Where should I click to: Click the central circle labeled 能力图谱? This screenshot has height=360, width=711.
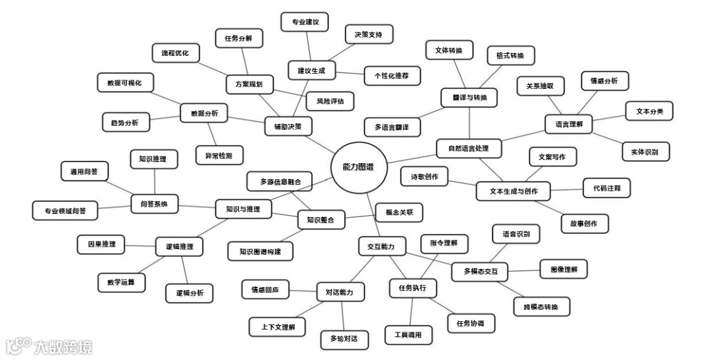pos(357,168)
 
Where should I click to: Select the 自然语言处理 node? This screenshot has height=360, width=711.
pos(469,148)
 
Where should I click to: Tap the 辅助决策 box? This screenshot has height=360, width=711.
pos(288,126)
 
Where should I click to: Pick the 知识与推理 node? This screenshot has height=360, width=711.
pos(243,209)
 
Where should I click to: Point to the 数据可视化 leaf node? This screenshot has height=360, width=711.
pos(124,83)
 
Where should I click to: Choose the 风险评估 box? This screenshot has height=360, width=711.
pos(330,101)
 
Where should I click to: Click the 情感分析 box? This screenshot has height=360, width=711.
pos(604,81)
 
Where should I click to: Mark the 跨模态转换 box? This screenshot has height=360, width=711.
pos(541,307)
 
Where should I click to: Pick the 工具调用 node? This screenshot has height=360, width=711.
pos(408,335)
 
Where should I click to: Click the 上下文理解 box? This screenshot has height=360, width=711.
pos(277,326)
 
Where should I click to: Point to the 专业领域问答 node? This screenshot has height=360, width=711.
pos(65,211)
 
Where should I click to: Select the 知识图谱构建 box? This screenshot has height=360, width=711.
pos(260,251)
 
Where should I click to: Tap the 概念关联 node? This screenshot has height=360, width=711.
pos(398,213)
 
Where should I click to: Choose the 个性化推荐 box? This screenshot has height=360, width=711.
pos(391,76)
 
